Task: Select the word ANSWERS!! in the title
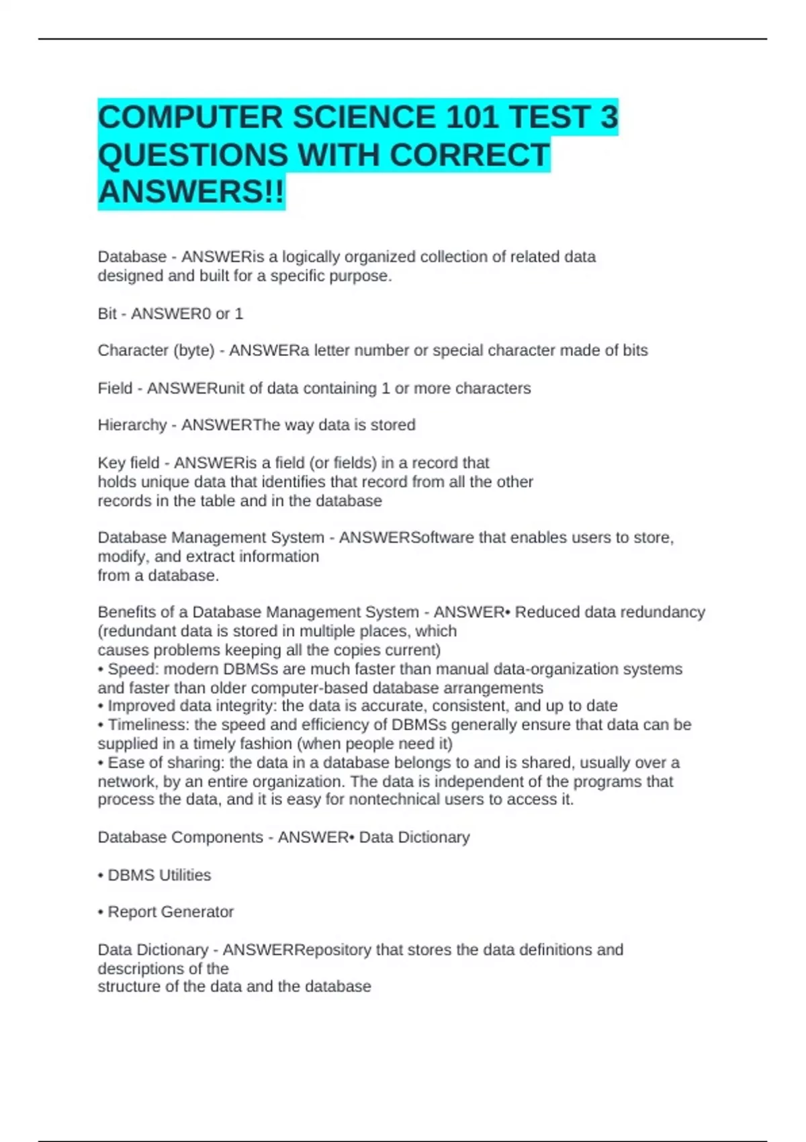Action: [x=191, y=192]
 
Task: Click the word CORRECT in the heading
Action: [x=469, y=155]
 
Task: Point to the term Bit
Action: [x=107, y=314]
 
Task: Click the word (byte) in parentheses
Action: [x=193, y=351]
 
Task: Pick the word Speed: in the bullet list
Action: [x=133, y=669]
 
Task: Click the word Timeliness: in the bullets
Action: [x=148, y=725]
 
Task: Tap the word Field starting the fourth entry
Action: [x=115, y=388]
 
